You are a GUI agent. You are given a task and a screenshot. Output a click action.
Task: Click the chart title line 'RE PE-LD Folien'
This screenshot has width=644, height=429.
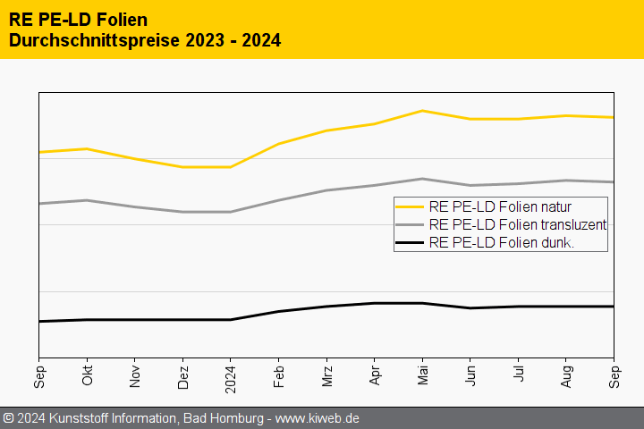tap(78, 19)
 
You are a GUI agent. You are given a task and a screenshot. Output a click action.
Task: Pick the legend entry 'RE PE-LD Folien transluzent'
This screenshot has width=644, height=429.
tap(518, 224)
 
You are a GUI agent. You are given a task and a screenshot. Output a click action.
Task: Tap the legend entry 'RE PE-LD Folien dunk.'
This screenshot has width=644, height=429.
tap(501, 242)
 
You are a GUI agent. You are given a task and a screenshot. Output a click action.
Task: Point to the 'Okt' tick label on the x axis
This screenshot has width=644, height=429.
tap(87, 375)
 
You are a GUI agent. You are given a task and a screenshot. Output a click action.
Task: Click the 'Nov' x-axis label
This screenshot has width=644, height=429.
tap(135, 375)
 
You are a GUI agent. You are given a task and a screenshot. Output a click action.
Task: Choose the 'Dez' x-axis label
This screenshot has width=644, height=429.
tap(182, 375)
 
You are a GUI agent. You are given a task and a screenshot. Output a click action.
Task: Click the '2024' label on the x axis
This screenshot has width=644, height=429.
tap(231, 377)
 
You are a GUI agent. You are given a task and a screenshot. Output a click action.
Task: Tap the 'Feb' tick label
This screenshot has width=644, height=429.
tap(279, 375)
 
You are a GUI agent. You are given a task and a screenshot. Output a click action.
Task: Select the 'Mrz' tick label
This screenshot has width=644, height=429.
tap(326, 375)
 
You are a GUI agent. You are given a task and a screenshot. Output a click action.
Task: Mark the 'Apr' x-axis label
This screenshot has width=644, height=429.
tap(375, 375)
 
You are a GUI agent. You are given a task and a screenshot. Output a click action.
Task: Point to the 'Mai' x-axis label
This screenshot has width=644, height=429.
tap(422, 375)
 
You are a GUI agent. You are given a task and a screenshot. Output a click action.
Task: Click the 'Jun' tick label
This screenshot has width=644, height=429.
tap(470, 375)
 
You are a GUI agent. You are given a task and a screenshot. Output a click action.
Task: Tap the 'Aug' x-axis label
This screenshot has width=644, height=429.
tap(566, 375)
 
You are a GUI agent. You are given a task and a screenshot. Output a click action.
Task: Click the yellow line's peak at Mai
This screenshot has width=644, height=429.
tap(422, 111)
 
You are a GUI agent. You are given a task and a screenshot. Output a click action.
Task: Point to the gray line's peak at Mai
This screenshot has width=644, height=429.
tap(422, 179)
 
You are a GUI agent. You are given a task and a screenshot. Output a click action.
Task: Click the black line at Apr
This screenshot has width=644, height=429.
tap(375, 303)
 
